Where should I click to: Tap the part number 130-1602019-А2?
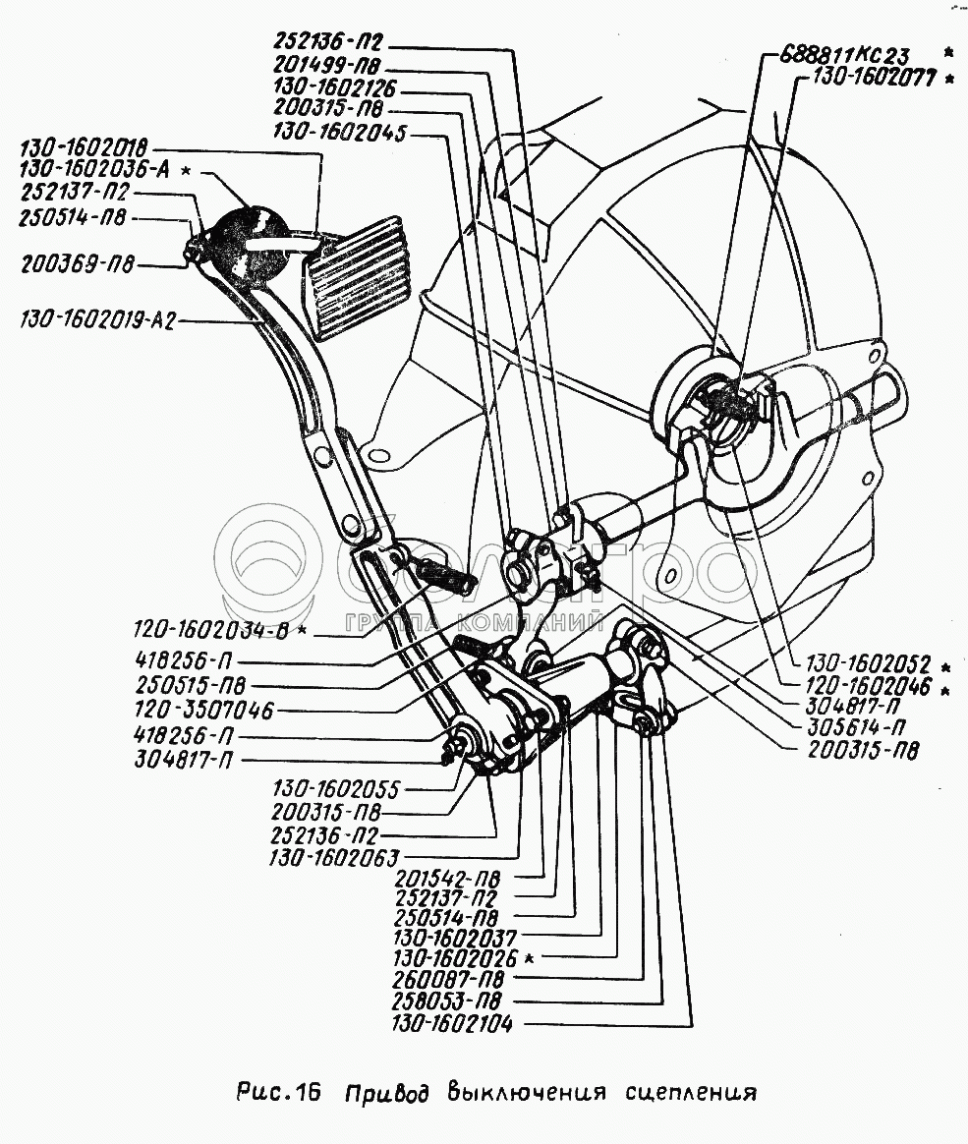coord(96,320)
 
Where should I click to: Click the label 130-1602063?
coord(333,858)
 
